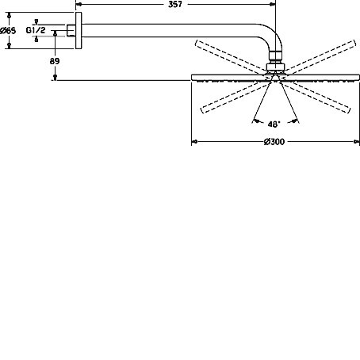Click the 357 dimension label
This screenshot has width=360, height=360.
coord(175,4)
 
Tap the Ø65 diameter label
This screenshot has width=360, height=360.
coord(8,31)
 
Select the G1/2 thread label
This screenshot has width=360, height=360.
coord(36,30)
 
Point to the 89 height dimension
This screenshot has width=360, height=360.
coord(55,61)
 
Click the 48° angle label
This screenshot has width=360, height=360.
coord(274,124)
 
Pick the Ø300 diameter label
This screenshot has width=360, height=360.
coord(274,142)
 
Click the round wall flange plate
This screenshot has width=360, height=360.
coord(79,30)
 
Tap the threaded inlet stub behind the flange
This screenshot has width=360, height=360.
coord(71,30)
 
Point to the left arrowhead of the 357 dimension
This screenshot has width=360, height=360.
coord(79,4)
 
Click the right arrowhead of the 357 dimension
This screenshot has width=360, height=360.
coord(273,4)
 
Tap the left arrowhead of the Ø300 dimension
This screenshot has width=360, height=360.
coord(194,142)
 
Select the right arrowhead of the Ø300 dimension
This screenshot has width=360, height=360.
coord(357,142)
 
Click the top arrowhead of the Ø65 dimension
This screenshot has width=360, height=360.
coord(10,15)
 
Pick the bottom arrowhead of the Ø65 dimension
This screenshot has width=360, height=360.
coord(10,46)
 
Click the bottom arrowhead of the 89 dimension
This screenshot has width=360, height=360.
coord(55,77)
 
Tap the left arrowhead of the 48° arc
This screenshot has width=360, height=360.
coord(256,121)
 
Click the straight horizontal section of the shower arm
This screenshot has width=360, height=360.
coord(168,30)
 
